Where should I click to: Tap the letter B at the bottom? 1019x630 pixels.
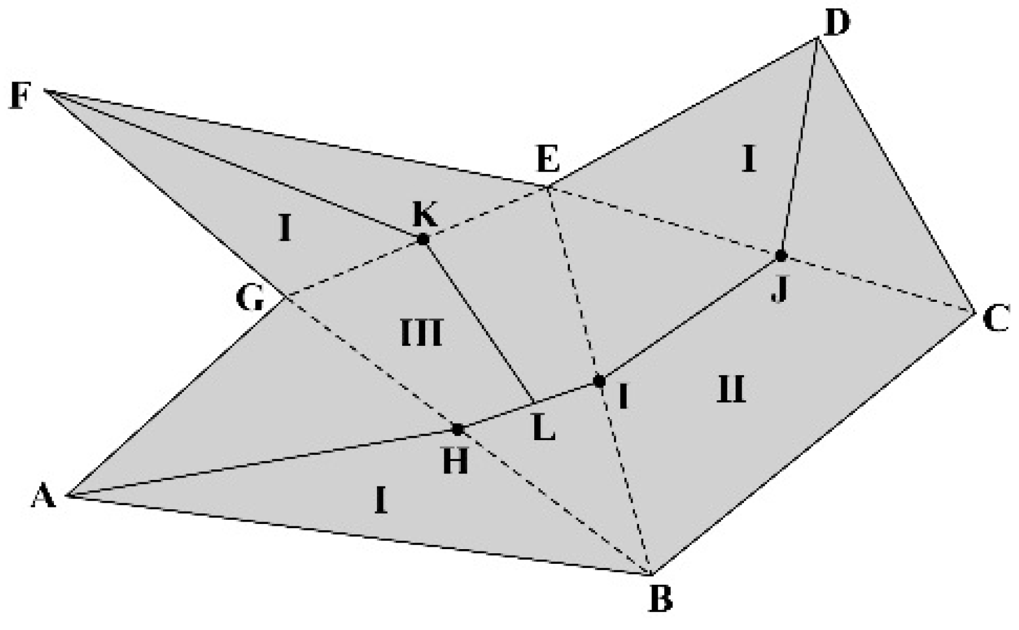pos(660,600)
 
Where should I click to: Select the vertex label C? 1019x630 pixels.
pos(995,320)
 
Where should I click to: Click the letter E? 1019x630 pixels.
pos(548,160)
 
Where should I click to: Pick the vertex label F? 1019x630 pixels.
pos(20,97)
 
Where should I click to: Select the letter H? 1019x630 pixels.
pos(456,462)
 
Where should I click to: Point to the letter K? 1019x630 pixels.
pos(425,215)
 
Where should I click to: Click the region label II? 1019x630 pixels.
pos(731,389)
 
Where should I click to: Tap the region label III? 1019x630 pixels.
pos(421,333)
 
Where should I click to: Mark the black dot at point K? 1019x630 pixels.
pos(423,239)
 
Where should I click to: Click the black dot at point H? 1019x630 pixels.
pos(458,429)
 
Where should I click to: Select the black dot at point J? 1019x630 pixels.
pos(780,256)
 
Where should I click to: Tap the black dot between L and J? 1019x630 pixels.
pos(599,382)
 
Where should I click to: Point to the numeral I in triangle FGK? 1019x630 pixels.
pos(284,229)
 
